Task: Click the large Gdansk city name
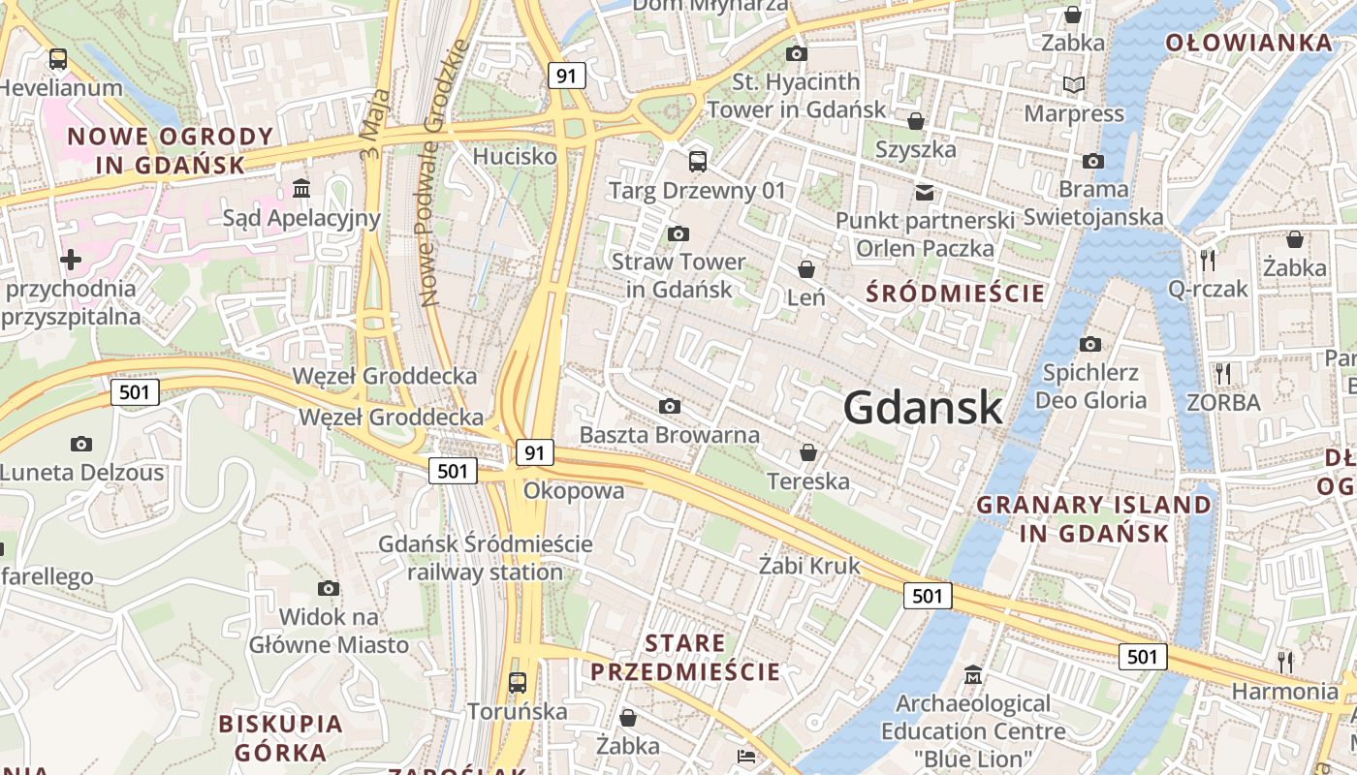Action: (922, 408)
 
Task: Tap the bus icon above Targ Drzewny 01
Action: (697, 161)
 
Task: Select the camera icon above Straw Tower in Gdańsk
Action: (678, 233)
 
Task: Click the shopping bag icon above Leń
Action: (806, 268)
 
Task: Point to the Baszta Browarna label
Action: (670, 435)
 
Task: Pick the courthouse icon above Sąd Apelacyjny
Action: (301, 187)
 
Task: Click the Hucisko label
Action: (515, 156)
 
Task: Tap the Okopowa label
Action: (574, 491)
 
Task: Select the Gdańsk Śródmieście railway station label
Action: (485, 558)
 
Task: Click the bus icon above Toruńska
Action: (518, 682)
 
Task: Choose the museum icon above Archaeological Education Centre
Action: (973, 674)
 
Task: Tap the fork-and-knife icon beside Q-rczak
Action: (1208, 260)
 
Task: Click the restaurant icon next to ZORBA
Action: (1223, 373)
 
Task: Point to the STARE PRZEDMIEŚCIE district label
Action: (685, 657)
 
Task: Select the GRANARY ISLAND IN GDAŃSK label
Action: (1094, 519)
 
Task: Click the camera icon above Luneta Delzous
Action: (81, 444)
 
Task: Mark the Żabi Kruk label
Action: (809, 566)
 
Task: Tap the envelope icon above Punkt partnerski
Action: (925, 192)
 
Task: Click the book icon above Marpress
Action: (1074, 85)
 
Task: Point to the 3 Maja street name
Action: (376, 113)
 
